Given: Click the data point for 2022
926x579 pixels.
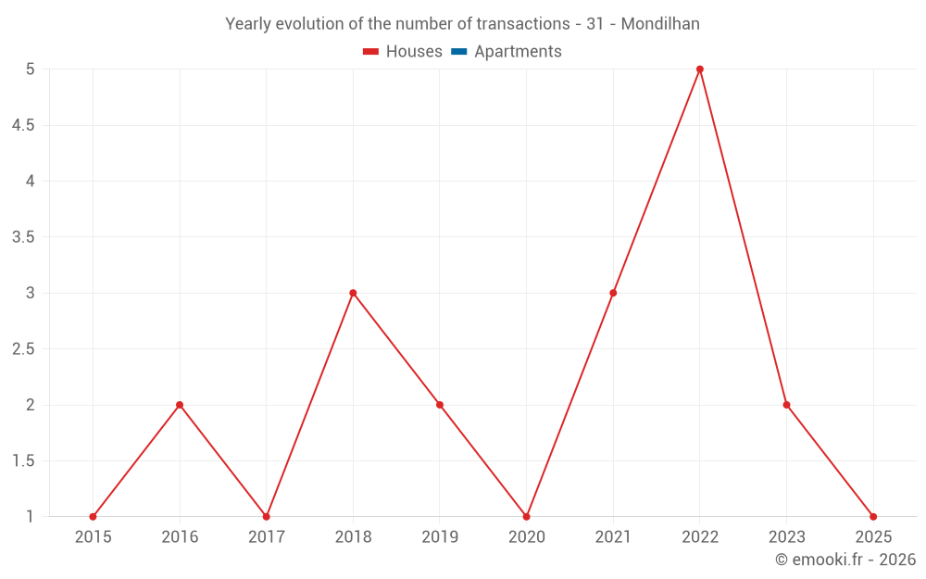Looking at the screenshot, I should [700, 69].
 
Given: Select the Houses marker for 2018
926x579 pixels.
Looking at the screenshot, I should [353, 293].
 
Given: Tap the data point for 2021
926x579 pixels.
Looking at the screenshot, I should [613, 293].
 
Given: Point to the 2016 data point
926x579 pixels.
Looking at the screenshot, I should [180, 405].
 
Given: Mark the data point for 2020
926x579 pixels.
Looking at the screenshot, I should [526, 517].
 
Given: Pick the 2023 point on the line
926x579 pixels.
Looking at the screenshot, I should [786, 405].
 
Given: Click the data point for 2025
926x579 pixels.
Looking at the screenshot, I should [873, 517].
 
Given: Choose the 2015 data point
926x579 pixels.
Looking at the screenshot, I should [93, 517].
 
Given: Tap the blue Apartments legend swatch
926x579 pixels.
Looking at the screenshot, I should [458, 52].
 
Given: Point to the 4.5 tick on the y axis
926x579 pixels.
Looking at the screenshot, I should [23, 125].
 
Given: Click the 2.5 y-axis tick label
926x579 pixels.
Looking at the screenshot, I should [23, 349].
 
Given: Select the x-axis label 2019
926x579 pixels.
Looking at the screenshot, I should [440, 536].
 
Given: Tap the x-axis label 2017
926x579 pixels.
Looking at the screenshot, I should [266, 536].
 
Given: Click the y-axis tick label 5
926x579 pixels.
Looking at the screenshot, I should [31, 69].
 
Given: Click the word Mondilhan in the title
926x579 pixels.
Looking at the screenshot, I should [660, 24].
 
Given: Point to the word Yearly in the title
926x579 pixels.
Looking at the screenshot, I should [250, 24].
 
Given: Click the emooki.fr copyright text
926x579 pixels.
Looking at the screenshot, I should [845, 560].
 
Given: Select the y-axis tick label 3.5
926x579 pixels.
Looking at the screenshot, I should [23, 237].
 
